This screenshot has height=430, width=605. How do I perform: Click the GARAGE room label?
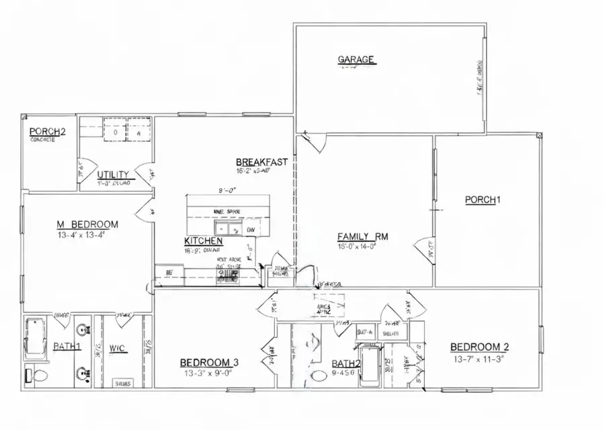(356, 60)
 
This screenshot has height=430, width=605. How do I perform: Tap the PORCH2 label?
(48, 131)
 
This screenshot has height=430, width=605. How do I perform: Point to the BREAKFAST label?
(261, 162)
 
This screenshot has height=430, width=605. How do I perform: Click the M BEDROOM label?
(87, 224)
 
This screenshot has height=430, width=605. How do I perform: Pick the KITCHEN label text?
(203, 241)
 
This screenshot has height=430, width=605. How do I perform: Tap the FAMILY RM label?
(363, 236)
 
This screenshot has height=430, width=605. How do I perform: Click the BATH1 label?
(67, 346)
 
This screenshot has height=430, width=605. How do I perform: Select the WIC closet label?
(117, 349)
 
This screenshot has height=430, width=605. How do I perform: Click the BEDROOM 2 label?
(479, 347)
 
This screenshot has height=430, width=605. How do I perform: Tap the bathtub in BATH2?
(370, 366)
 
